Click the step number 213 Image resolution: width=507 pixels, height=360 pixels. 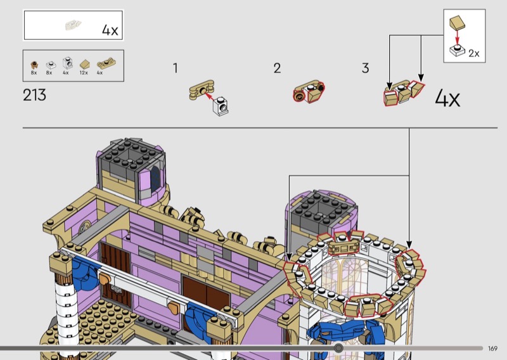pyautogui.click(x=34, y=95)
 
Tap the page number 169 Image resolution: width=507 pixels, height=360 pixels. pyautogui.click(x=492, y=349)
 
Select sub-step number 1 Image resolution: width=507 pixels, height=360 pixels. pyautogui.click(x=176, y=68)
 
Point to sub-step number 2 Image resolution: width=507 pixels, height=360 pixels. pyautogui.click(x=277, y=68)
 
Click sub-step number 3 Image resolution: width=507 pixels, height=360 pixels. pyautogui.click(x=365, y=68)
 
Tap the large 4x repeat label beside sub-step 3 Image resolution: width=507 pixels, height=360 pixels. pyautogui.click(x=447, y=98)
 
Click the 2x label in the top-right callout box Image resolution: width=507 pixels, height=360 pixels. pyautogui.click(x=473, y=53)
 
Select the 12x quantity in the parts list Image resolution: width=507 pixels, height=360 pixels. pyautogui.click(x=84, y=73)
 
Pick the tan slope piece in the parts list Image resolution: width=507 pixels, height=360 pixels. pyautogui.click(x=84, y=64)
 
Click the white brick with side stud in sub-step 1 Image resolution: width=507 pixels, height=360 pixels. pyautogui.click(x=221, y=106)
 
